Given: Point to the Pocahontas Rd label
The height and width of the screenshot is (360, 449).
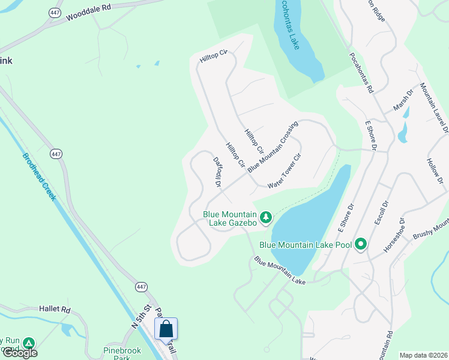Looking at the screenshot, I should (x=361, y=71).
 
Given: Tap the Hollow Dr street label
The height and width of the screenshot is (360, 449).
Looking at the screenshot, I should (x=433, y=170).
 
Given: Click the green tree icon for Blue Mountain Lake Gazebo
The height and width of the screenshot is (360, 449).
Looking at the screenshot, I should (x=265, y=217).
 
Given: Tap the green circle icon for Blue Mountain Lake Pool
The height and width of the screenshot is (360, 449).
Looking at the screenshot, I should (x=361, y=244).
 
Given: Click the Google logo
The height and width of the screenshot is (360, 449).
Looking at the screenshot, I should (x=19, y=353).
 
